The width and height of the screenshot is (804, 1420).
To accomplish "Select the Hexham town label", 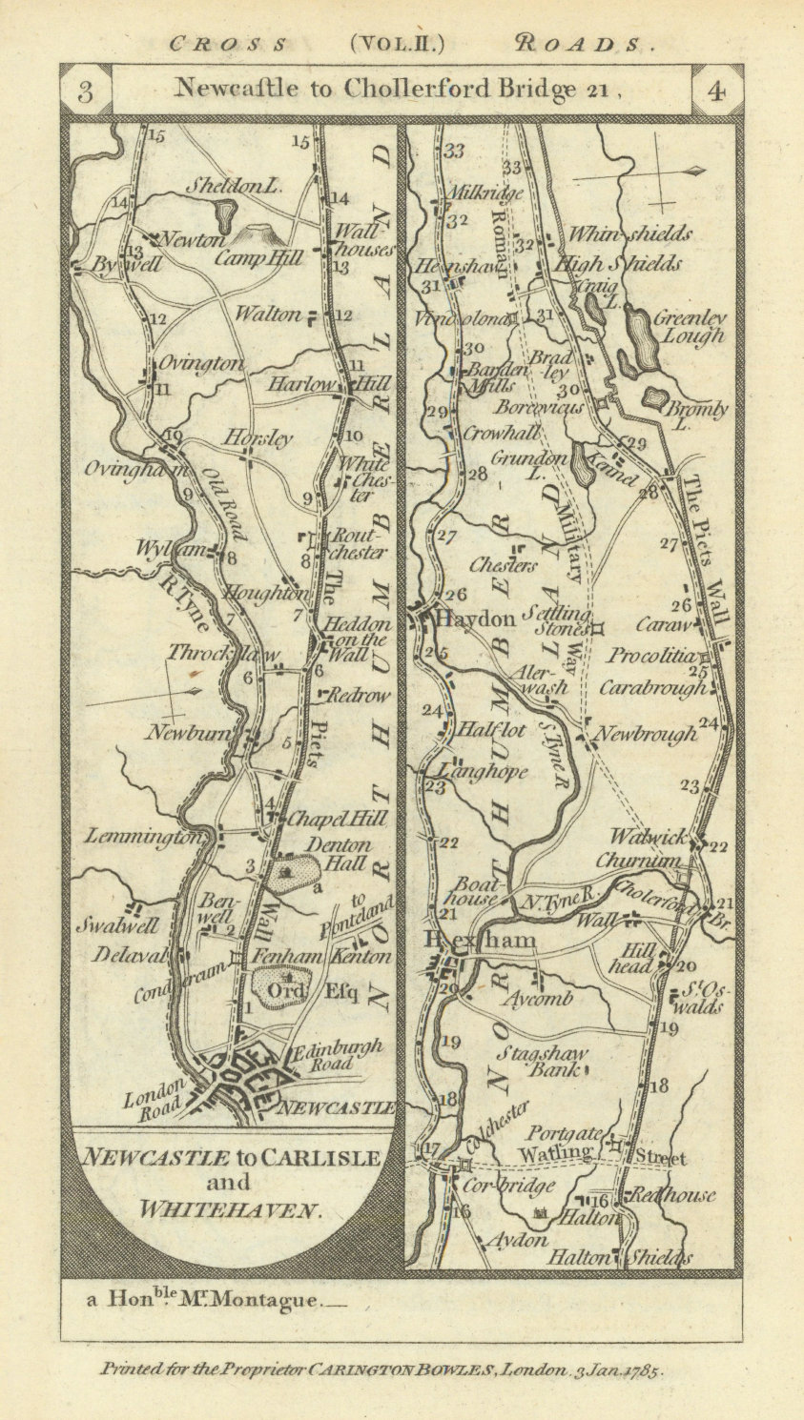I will [481, 942].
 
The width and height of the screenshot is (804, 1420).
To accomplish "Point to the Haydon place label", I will [475, 619].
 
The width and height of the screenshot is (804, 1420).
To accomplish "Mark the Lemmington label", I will [143, 837].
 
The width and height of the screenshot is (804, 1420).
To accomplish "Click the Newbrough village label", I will [646, 734].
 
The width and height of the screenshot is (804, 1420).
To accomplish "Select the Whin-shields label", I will [629, 234].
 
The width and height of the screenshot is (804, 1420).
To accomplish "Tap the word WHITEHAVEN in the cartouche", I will [229, 1210].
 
